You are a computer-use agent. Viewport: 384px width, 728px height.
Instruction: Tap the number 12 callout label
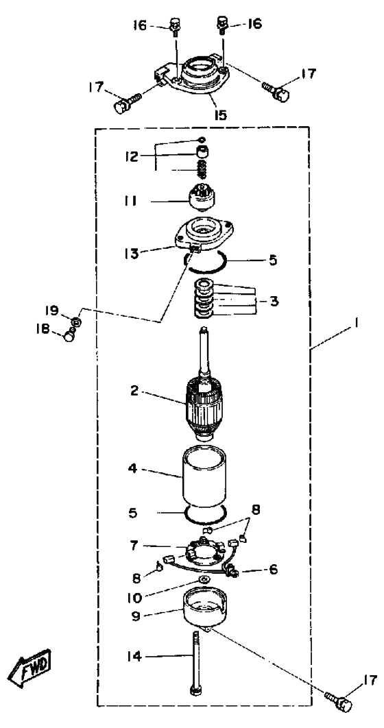tap(131, 156)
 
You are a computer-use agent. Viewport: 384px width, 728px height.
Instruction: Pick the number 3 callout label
tap(274, 302)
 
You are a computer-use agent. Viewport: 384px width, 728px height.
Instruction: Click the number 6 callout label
tap(274, 570)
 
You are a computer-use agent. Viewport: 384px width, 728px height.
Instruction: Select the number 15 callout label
tap(221, 114)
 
